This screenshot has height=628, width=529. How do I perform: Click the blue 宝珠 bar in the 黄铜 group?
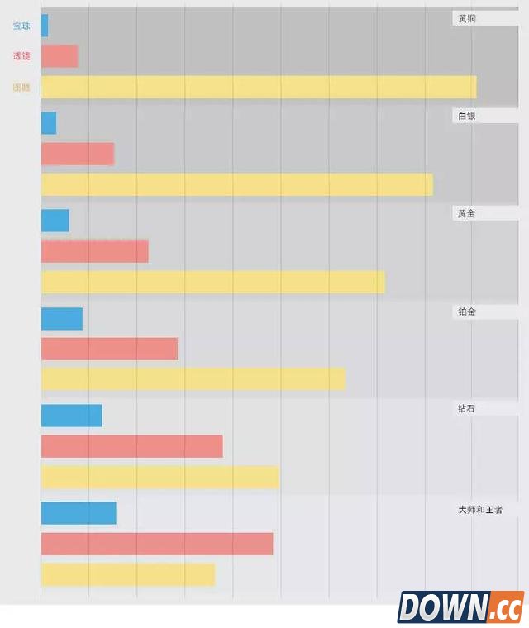45,26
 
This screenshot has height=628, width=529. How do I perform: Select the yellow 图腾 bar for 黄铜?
258,87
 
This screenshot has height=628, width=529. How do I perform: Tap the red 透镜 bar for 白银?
77,154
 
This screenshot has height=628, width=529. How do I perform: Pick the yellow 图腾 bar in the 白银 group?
236,184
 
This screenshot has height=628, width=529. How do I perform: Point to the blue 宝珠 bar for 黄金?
55,221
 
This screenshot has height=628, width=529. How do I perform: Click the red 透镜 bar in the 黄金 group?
94,251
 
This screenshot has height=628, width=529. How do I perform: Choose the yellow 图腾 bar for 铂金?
193,378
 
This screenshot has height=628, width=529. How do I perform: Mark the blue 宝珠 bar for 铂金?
61,318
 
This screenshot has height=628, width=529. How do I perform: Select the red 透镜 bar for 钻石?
131,446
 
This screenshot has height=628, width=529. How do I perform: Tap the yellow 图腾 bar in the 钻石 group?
160,477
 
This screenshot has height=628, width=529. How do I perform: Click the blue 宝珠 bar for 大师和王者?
79,513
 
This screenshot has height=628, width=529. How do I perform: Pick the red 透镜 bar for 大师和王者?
156,544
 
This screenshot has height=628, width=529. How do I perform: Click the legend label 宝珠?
21,26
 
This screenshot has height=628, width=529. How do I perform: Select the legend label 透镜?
21,56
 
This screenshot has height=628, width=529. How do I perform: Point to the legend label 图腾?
21,87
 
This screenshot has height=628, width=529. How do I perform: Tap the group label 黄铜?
467,18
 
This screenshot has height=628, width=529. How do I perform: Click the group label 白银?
467,116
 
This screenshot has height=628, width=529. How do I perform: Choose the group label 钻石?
467,408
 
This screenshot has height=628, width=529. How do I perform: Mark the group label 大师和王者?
480,510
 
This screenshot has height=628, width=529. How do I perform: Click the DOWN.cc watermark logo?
460,607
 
